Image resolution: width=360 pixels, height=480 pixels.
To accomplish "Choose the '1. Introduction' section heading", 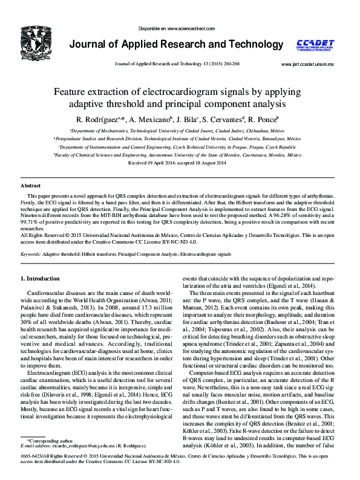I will (40, 279).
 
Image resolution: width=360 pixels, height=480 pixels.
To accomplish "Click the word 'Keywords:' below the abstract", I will (31, 255).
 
